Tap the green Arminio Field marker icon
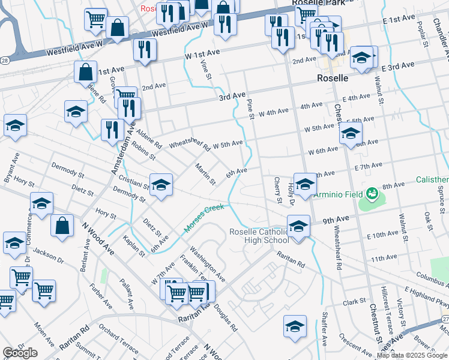[372, 193]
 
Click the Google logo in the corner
[20, 353]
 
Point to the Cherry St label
[277, 190]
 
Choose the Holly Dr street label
[291, 194]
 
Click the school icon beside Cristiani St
[161, 185]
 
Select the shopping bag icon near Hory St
[62, 226]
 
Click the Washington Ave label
[207, 264]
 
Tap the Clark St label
[355, 301]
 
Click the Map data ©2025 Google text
[412, 355]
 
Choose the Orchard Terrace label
[118, 340]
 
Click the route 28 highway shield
[4, 60]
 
